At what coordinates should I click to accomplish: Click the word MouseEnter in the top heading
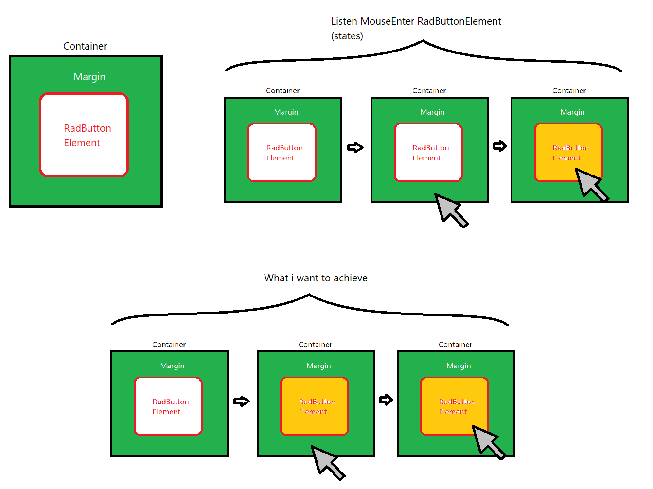[x=387, y=21]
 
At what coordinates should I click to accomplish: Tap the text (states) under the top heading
[x=347, y=36]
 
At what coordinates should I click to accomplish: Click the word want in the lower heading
[x=307, y=278]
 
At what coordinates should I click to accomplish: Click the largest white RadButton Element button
[x=84, y=135]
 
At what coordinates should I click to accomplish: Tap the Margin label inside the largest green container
[x=89, y=77]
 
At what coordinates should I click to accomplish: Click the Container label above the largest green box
[x=85, y=46]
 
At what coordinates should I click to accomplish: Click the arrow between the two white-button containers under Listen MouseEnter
[x=355, y=147]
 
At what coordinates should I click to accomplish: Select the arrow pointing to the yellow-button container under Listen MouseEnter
[x=500, y=146]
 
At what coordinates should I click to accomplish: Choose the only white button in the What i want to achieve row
[x=168, y=406]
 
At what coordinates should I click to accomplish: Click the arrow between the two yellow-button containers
[x=386, y=400]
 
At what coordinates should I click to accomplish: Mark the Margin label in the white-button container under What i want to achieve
[x=173, y=366]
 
